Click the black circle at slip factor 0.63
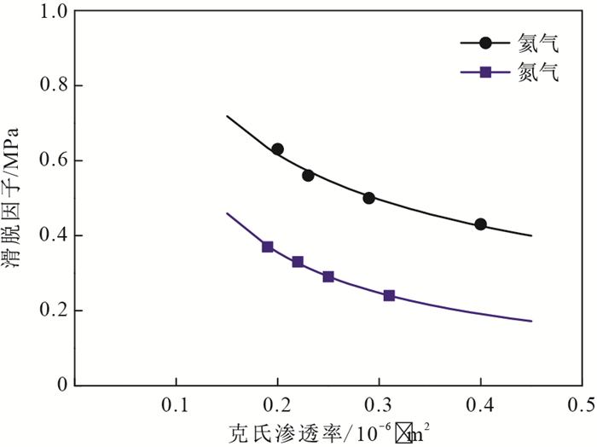pos(277,149)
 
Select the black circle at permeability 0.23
pos(308,175)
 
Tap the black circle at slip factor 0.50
pos(368,198)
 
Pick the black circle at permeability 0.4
pos(481,224)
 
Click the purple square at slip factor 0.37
pos(267,247)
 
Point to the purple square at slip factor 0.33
pos(298,262)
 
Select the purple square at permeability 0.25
pos(328,276)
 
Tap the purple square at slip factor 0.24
pos(389,295)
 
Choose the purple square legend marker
pos(485,73)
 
